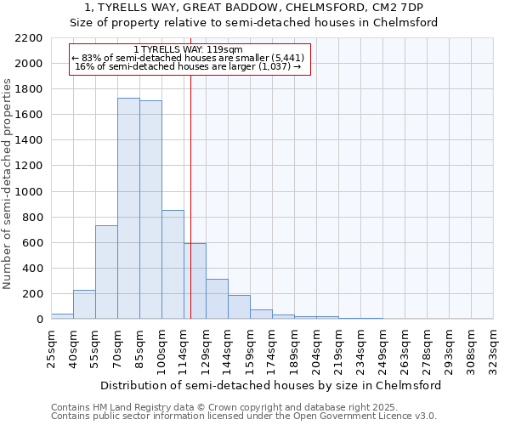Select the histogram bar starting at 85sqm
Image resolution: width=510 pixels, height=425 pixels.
(x=150, y=209)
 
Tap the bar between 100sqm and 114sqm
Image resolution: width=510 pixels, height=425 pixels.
(x=173, y=264)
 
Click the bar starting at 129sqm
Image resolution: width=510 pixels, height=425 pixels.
(x=217, y=298)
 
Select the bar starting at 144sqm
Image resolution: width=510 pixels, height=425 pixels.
(x=239, y=307)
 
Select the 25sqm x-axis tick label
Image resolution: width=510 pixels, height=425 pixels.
(x=51, y=348)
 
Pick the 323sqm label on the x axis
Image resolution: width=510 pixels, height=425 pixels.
(x=493, y=348)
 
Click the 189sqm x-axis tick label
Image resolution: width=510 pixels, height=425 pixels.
(x=294, y=348)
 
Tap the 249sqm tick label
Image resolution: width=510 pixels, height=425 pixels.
(x=382, y=348)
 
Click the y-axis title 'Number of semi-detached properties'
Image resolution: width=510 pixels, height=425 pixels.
(x=8, y=184)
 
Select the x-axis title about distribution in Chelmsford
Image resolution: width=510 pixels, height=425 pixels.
(x=270, y=385)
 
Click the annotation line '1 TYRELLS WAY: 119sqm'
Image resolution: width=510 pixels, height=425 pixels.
(x=188, y=50)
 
